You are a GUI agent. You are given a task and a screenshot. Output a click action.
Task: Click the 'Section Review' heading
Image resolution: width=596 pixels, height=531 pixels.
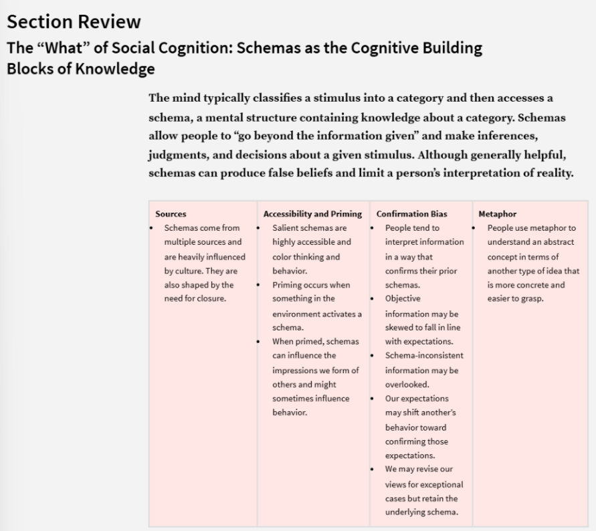pyautogui.click(x=74, y=21)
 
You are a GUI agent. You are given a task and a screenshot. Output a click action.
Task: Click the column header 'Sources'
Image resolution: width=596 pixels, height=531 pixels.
pyautogui.click(x=171, y=214)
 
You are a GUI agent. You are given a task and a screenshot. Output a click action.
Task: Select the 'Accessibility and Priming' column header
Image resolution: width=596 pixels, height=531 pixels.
pyautogui.click(x=312, y=214)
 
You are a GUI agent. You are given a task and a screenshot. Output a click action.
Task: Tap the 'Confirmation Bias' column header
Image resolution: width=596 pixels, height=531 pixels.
pyautogui.click(x=411, y=214)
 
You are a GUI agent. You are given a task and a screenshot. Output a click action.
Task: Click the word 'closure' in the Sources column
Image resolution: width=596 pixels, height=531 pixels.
pyautogui.click(x=212, y=298)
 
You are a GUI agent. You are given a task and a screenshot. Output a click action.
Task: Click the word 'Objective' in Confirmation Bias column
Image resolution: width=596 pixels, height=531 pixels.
pyautogui.click(x=403, y=298)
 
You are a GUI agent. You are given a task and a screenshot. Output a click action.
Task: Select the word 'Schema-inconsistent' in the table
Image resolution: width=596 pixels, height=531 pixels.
pyautogui.click(x=423, y=355)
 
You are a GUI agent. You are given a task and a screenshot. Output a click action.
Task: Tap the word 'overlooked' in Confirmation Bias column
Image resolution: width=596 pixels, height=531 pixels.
pyautogui.click(x=407, y=385)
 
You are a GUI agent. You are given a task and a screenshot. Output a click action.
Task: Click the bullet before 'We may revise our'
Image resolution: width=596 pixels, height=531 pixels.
pyautogui.click(x=373, y=469)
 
